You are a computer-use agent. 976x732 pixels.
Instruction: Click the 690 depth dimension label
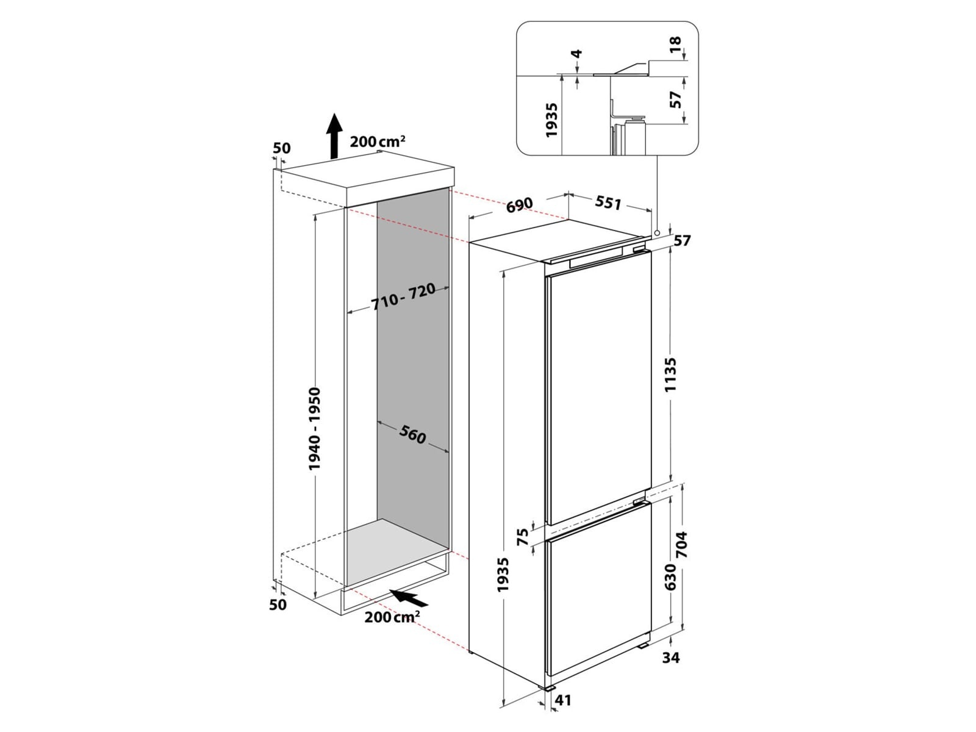click(520, 204)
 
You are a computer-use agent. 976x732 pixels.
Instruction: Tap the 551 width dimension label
click(608, 202)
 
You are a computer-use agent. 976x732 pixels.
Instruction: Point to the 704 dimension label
click(681, 546)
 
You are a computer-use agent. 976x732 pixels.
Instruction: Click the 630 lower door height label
click(670, 577)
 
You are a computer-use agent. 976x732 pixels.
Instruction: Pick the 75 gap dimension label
click(523, 537)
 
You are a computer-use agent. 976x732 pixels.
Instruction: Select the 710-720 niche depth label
click(404, 297)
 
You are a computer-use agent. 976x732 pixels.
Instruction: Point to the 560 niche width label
click(413, 434)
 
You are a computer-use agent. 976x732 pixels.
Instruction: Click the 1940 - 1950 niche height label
click(315, 428)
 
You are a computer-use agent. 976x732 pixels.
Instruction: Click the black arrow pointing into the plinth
click(408, 597)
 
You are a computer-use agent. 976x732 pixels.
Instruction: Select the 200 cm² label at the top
click(378, 142)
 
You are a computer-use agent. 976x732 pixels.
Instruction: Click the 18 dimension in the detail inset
click(674, 46)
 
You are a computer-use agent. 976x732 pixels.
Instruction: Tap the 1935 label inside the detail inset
click(552, 120)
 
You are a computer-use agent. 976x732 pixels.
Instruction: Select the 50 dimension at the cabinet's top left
click(282, 148)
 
